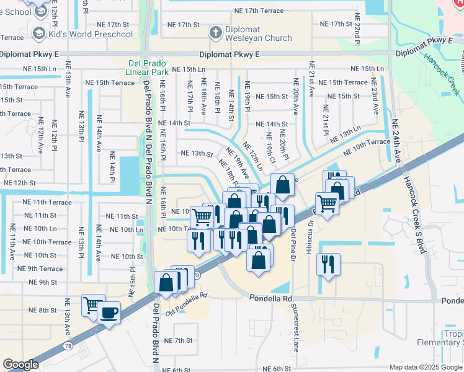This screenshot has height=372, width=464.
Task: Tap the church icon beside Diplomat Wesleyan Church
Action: point(215,32)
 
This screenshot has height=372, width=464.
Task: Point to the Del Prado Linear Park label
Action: point(147,68)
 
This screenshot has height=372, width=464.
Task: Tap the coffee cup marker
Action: point(109,312)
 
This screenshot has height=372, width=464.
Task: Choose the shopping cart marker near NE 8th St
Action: point(93,304)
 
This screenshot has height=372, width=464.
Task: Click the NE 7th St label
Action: point(179,340)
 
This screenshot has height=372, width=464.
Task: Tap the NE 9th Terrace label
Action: point(40,268)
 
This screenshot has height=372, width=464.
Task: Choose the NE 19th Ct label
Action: point(270,146)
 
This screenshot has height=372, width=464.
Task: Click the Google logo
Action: point(21,365)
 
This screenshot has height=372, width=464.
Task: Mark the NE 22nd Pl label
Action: point(357,30)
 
